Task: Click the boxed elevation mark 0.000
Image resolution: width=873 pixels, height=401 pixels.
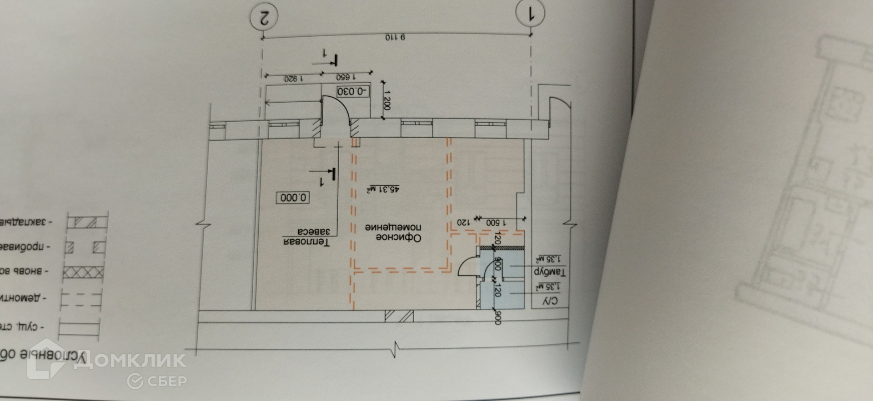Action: pos(294,198)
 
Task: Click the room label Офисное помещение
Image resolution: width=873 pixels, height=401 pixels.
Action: pos(394,232)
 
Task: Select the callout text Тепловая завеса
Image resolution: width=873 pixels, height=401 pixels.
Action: pos(306,237)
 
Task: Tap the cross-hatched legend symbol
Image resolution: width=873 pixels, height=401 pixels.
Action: pos(83,273)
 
